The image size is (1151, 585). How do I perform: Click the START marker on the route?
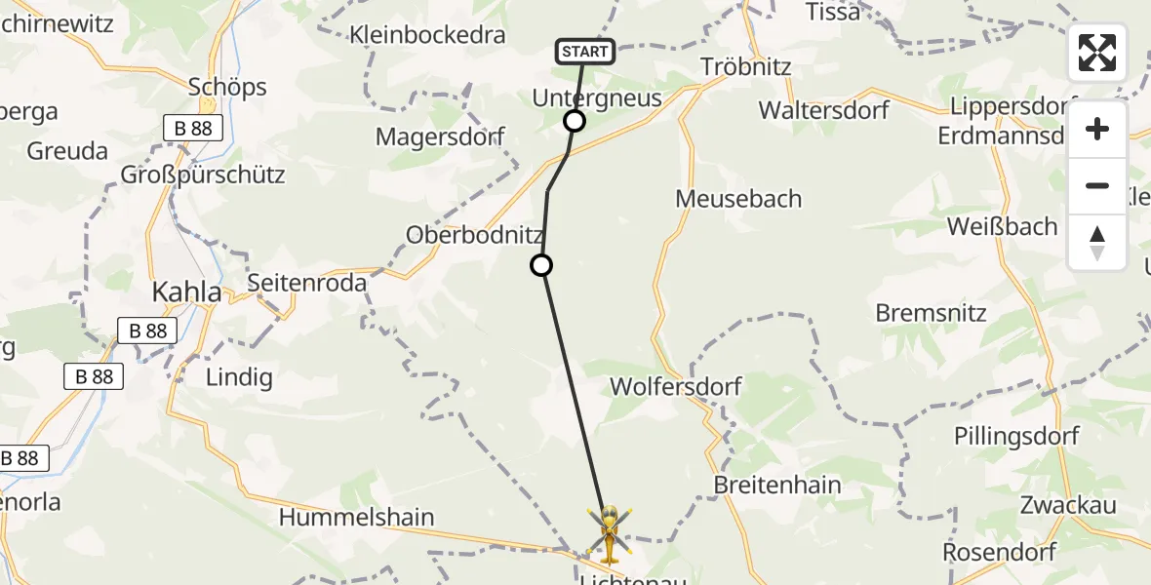tap(585, 52)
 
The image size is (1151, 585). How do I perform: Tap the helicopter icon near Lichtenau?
tap(609, 533)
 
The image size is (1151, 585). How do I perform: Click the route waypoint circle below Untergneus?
tap(575, 121)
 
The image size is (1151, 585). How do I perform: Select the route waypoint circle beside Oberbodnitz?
tap(540, 264)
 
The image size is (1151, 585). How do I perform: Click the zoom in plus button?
tap(1097, 130)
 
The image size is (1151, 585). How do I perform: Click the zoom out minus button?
tap(1097, 186)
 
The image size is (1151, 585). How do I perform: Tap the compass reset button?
tap(1097, 243)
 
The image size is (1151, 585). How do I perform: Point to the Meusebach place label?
tap(738, 199)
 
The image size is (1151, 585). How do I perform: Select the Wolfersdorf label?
tap(676, 386)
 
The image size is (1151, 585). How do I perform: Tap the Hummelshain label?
tap(357, 517)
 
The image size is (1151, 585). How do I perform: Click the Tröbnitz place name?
tap(746, 67)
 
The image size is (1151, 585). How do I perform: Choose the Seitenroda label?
tap(307, 283)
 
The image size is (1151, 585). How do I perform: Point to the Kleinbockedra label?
tap(428, 35)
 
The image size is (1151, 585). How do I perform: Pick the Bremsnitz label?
tap(932, 313)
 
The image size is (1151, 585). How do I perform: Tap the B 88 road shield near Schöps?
tap(192, 128)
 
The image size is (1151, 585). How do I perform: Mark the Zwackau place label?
tap(1068, 505)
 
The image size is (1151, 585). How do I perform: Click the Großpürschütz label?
tap(203, 175)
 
